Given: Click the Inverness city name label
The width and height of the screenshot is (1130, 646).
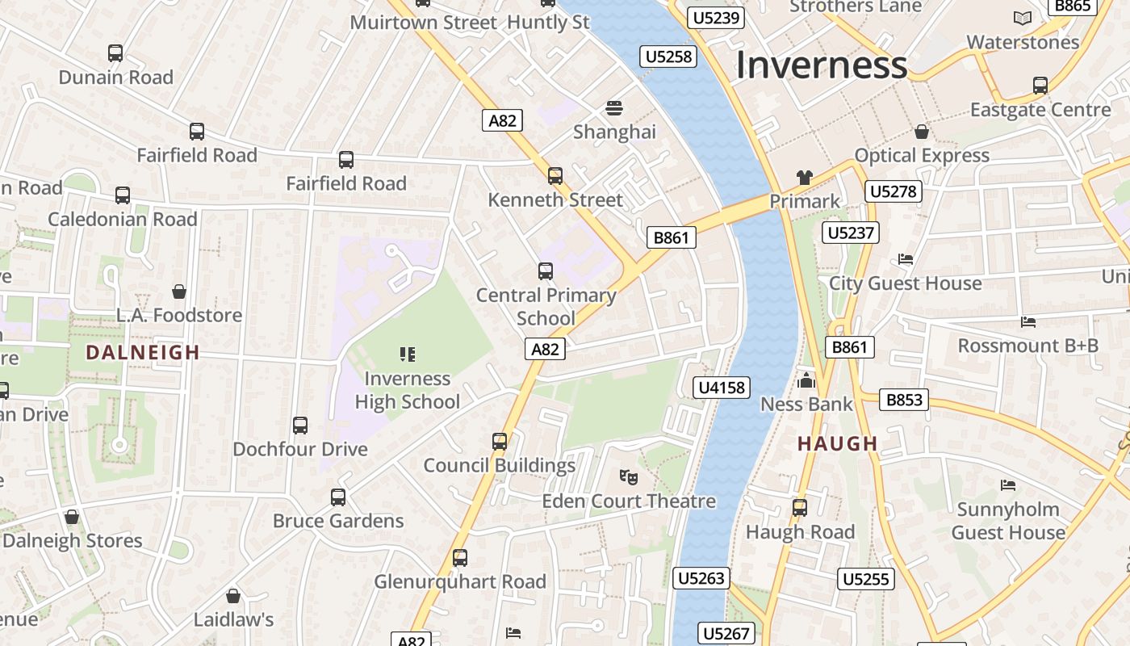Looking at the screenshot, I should click(x=821, y=65).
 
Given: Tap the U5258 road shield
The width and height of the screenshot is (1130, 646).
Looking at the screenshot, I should click(x=668, y=56).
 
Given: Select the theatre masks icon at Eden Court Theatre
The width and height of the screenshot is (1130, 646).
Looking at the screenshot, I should click(x=629, y=476).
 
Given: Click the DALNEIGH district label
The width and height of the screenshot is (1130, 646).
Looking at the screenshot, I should click(x=143, y=352).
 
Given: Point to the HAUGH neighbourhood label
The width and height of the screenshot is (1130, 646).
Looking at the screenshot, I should click(x=837, y=443).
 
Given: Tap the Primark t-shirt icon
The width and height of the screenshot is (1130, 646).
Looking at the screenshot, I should click(x=804, y=178).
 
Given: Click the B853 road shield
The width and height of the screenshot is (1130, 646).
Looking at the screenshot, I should click(x=904, y=400).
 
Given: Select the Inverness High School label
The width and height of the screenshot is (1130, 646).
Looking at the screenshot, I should click(x=407, y=390).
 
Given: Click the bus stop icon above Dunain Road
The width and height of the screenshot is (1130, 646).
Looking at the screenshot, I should click(x=115, y=53).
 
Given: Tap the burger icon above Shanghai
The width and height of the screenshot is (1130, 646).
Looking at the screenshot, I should click(x=614, y=107).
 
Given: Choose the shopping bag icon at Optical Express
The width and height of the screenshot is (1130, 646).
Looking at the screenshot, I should click(x=922, y=131).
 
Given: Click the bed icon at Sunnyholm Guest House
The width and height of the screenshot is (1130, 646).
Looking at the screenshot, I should click(x=1008, y=484).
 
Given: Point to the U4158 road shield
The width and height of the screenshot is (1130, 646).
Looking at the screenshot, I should click(x=722, y=388).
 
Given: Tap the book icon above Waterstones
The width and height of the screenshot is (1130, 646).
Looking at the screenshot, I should click(x=1023, y=18).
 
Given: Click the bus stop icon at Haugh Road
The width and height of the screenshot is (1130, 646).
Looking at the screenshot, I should click(x=799, y=507).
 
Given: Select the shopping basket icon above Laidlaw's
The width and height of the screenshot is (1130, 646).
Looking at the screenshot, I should click(x=233, y=596).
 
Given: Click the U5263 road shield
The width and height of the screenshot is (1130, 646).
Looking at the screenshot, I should click(x=701, y=578).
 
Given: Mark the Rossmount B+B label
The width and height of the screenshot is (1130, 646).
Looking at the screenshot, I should click(x=1027, y=346).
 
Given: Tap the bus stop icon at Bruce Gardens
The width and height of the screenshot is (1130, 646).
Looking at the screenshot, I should click(x=338, y=497).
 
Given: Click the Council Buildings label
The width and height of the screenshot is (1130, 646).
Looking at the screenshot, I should click(x=500, y=465).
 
